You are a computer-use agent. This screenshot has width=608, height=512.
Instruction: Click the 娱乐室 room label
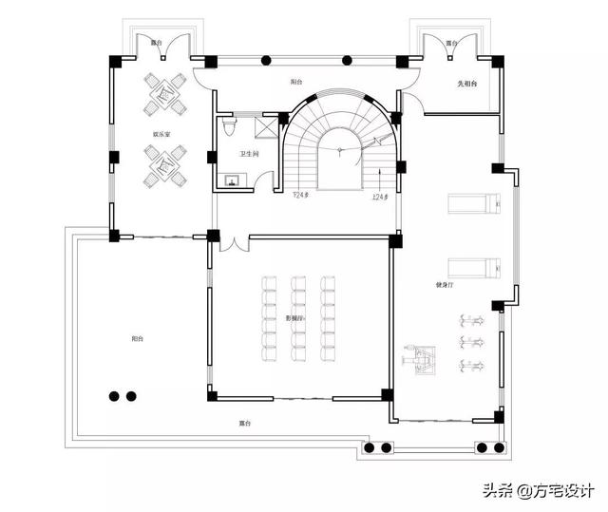[161, 134]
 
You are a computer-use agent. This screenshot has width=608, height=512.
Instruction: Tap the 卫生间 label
[250, 153]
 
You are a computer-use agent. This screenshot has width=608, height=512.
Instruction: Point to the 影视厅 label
[294, 318]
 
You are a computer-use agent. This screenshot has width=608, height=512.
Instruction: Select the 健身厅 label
[444, 284]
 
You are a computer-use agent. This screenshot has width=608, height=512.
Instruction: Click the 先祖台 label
[466, 85]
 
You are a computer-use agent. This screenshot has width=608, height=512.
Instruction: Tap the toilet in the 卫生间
[228, 124]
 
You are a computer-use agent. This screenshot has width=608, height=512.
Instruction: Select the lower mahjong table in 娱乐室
[162, 172]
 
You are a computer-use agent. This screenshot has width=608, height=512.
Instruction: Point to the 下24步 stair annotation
[302, 196]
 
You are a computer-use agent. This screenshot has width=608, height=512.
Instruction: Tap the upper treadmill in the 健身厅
[471, 201]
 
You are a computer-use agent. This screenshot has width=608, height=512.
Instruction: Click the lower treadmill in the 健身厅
[471, 269]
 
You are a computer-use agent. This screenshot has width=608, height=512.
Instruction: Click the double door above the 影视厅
[232, 243]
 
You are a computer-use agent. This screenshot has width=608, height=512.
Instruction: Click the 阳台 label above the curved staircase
[297, 83]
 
